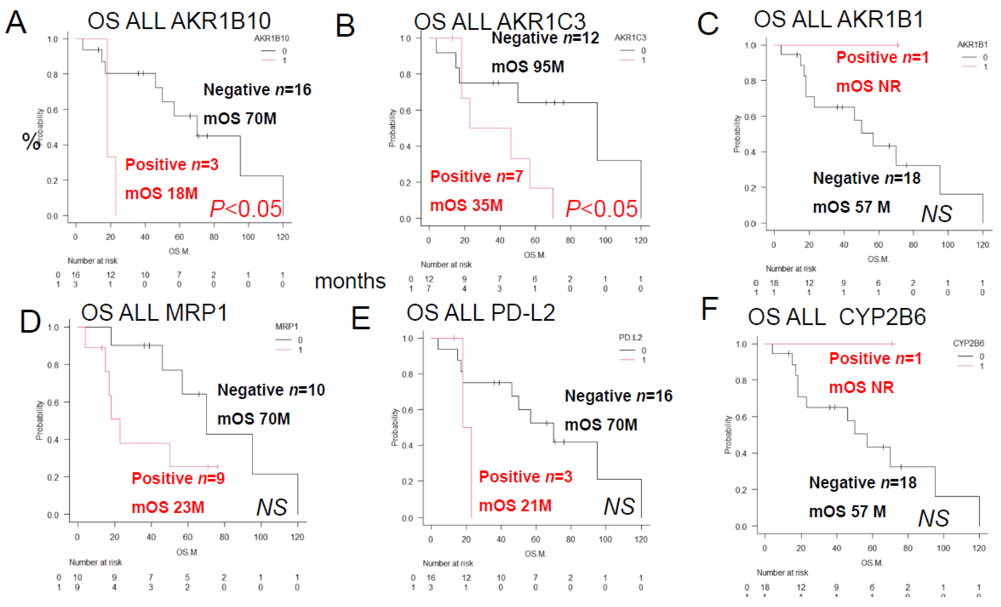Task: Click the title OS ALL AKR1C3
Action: [500, 21]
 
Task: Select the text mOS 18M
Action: [161, 193]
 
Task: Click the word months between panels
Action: [350, 281]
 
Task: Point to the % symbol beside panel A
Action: [31, 141]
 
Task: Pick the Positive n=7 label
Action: [476, 176]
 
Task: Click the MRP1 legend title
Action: [287, 326]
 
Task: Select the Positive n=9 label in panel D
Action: [178, 478]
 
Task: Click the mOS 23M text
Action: [168, 507]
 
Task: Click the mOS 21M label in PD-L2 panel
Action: [515, 505]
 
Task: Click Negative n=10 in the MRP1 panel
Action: [271, 390]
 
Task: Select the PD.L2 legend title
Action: [630, 338]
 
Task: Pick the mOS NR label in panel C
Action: [868, 86]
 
